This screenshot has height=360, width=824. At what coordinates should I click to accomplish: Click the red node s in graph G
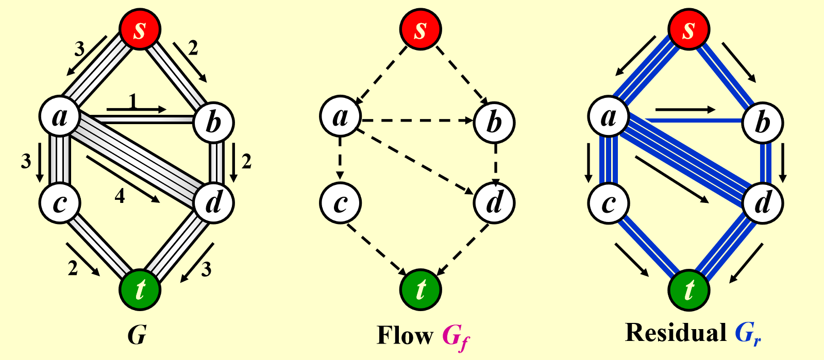pos(140,29)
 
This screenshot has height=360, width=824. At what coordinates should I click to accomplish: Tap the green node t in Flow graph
pos(421,289)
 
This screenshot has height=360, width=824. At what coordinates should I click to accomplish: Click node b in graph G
pos(213,122)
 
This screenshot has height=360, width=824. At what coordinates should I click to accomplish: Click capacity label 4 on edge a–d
pos(120,196)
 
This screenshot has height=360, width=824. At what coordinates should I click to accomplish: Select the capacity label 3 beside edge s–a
pos(79,49)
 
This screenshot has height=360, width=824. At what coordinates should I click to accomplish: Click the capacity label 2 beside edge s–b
pos(193,48)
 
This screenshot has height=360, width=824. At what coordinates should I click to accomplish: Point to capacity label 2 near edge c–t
pos(73,267)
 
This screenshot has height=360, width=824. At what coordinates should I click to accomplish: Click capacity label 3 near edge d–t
pos(206,269)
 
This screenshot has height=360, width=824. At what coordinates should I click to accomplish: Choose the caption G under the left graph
pos(137,335)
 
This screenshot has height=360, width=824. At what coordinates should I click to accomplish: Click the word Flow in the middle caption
pos(405,335)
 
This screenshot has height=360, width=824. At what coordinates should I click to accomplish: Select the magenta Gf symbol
pos(456,337)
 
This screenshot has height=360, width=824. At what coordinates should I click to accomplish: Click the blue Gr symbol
pos(747,334)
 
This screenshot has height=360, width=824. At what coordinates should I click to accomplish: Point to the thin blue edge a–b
pos(693,120)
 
